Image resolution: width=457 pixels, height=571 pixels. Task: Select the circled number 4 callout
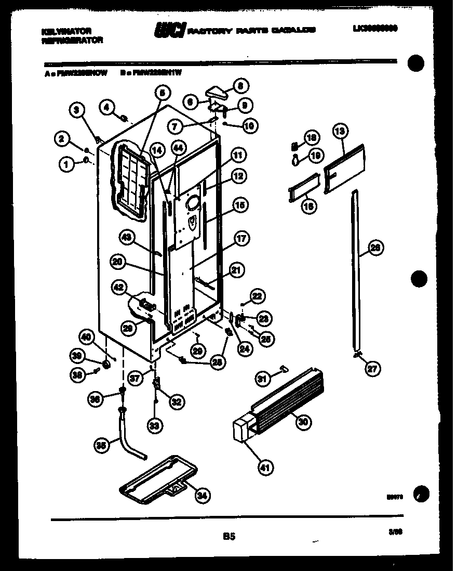(x=107, y=108)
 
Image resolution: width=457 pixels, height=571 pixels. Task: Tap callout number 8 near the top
(x=240, y=85)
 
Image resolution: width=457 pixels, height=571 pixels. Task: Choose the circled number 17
(x=240, y=239)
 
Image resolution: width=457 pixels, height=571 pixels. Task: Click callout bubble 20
(x=118, y=263)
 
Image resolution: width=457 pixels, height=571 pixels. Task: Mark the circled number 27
(x=372, y=369)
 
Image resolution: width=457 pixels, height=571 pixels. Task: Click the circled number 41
(x=265, y=468)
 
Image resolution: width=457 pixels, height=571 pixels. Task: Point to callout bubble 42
(x=119, y=287)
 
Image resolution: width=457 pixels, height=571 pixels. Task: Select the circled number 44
(x=178, y=148)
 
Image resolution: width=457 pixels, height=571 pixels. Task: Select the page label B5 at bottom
(x=229, y=535)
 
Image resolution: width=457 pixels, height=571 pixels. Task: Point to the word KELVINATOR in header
(x=61, y=31)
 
